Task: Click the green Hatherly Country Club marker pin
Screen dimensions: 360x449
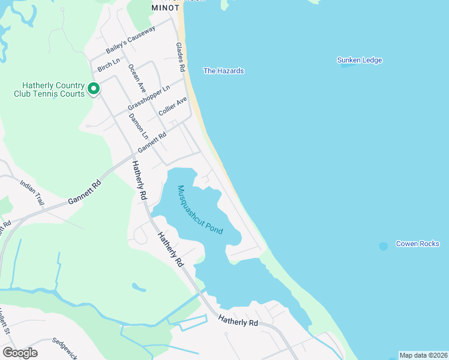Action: (x=94, y=89)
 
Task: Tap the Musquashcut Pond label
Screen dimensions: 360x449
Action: (x=200, y=210)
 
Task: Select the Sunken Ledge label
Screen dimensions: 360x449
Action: (x=360, y=60)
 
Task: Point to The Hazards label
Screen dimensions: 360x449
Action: (x=223, y=71)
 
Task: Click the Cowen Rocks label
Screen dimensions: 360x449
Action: (x=417, y=244)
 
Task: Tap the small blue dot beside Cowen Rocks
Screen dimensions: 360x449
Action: (x=384, y=246)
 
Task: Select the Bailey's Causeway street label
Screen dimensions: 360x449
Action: (x=131, y=40)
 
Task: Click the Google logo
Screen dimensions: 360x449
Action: (x=20, y=353)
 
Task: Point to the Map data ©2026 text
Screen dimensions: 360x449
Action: (x=423, y=355)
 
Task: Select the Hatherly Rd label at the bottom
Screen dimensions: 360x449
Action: (x=238, y=322)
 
